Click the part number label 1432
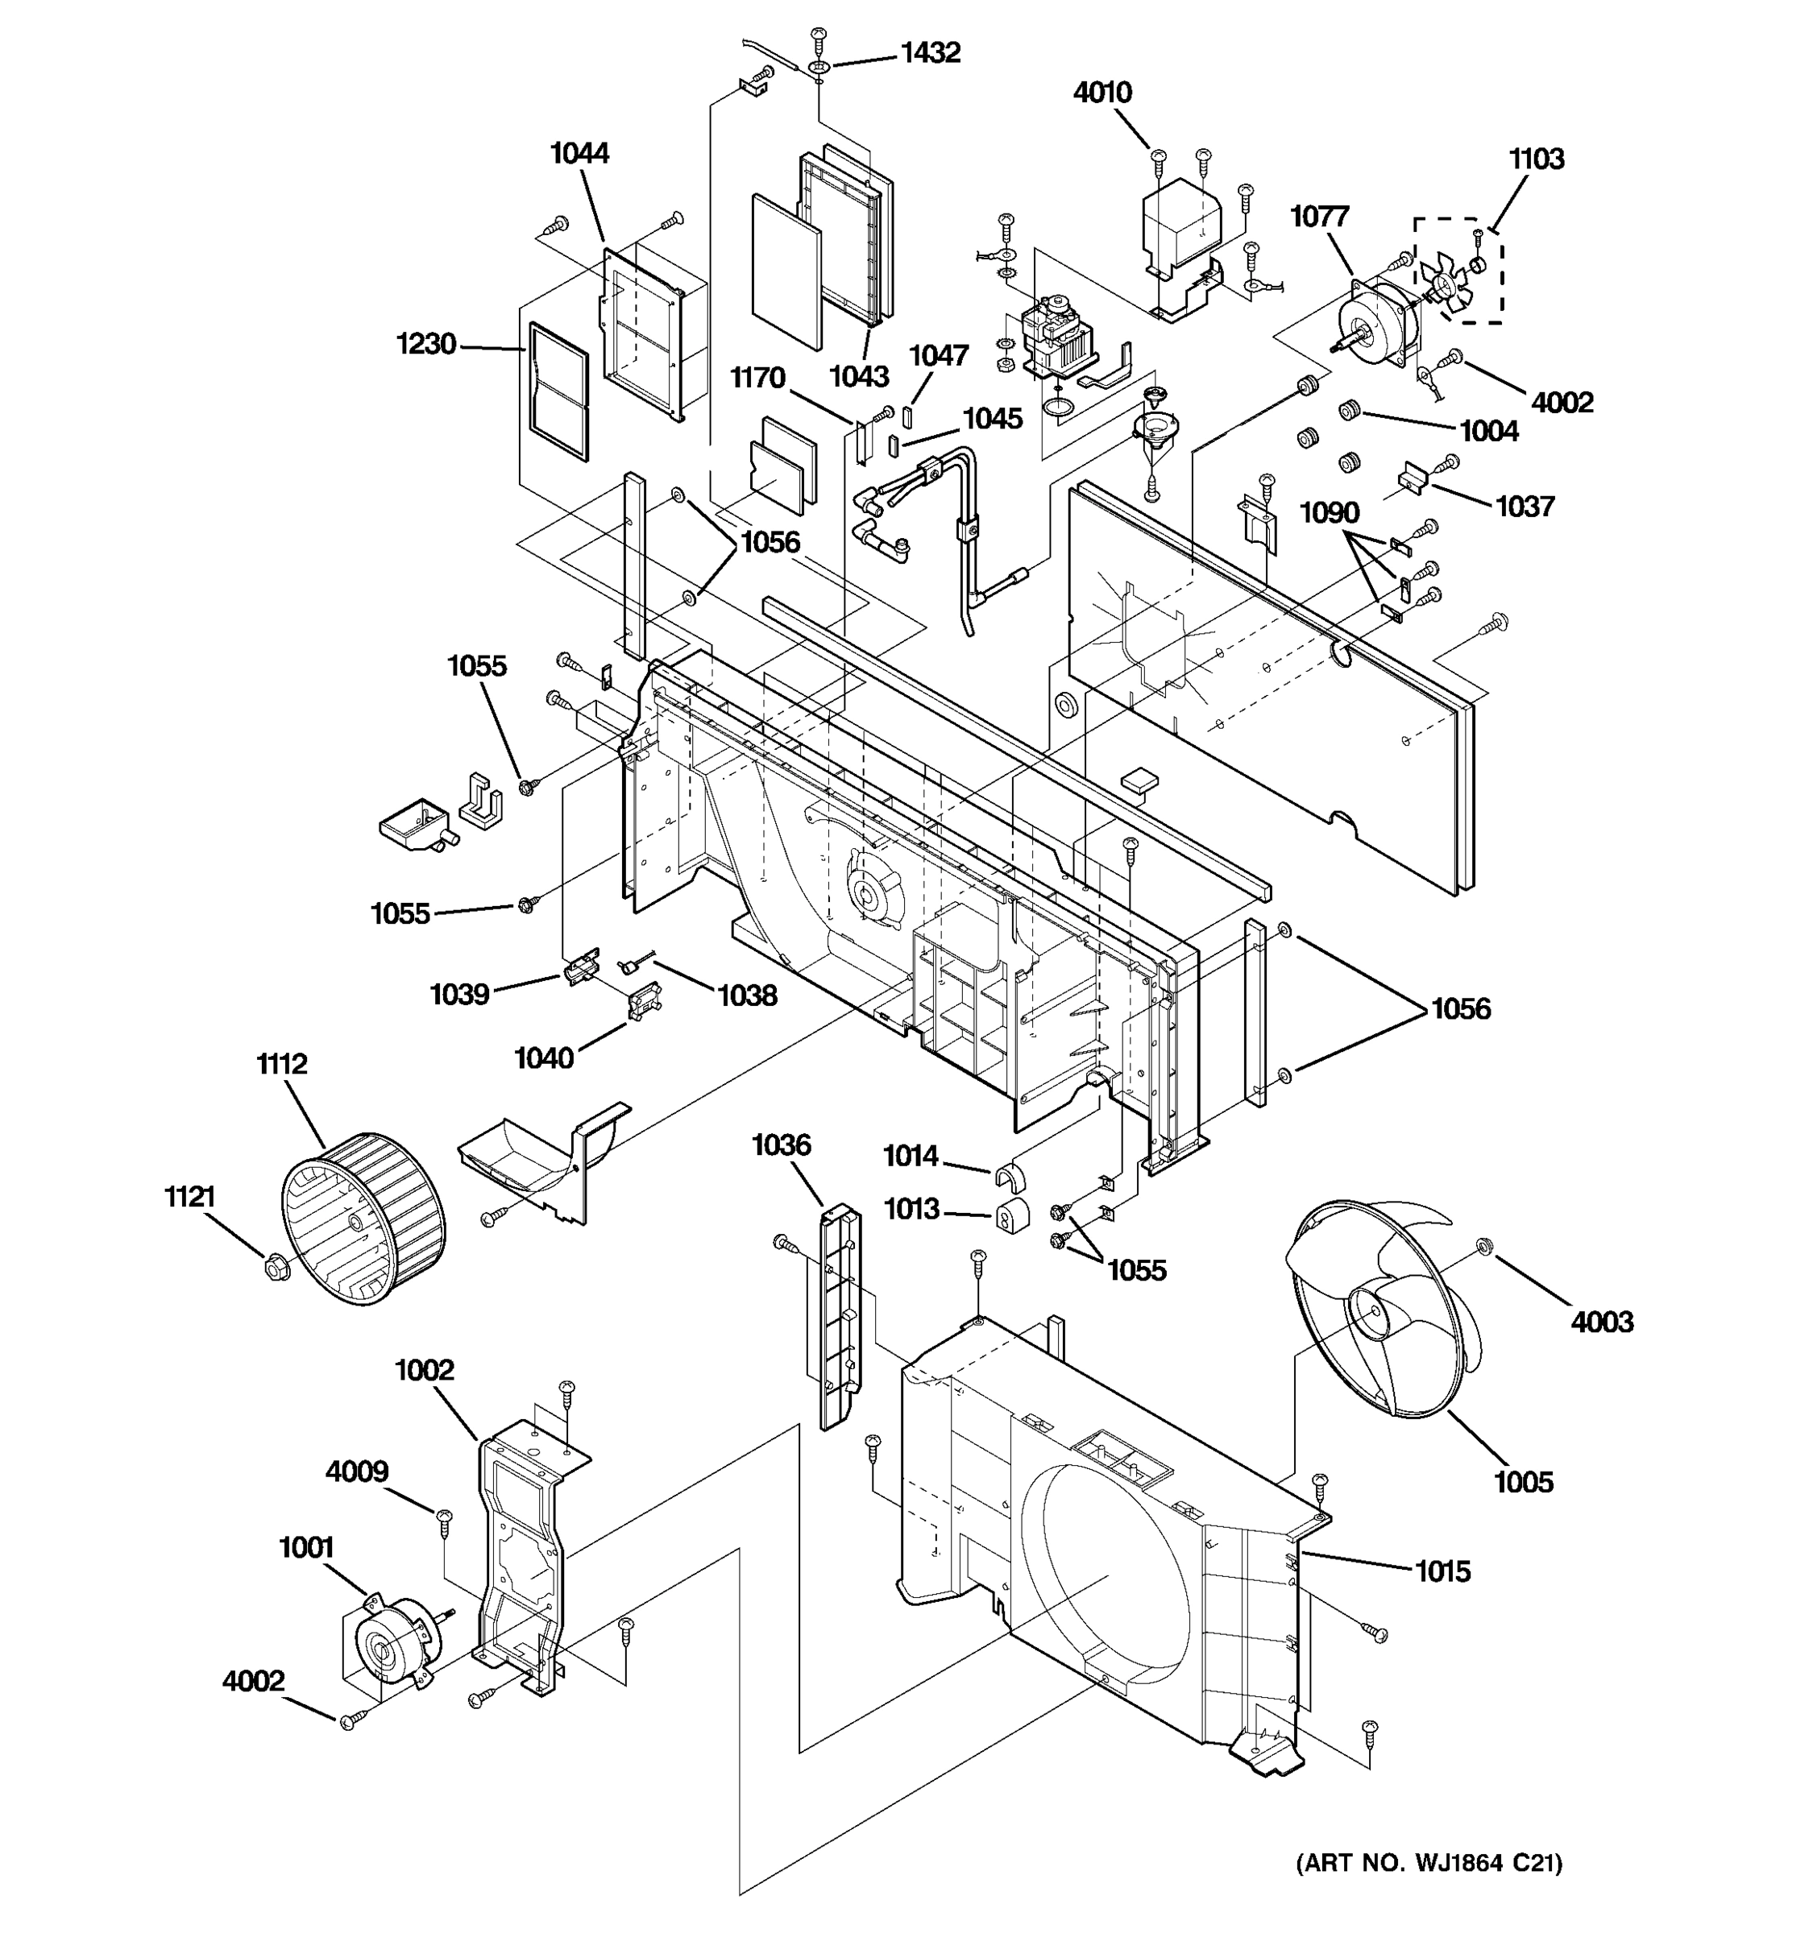point(930,52)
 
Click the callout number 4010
point(1102,93)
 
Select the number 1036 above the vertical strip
point(781,1144)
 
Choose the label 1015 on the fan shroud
point(1442,1571)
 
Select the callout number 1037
point(1524,507)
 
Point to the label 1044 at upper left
point(579,154)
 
